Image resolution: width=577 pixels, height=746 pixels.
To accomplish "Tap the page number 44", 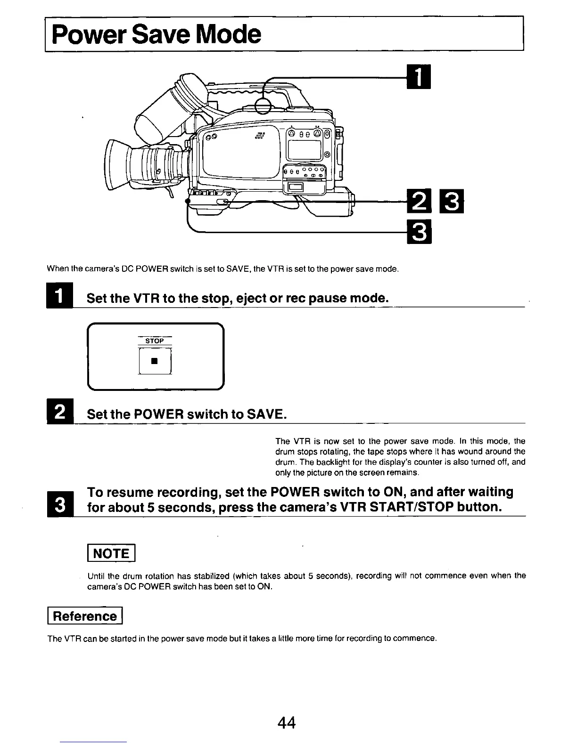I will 287,722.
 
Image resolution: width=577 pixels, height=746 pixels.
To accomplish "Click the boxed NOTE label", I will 112,553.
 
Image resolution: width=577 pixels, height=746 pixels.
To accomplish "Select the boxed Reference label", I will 85,616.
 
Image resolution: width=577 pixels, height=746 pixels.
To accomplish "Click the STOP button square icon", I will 154,362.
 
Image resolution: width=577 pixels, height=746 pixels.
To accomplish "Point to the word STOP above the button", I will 155,341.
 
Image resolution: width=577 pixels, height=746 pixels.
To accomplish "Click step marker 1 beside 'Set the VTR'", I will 57,297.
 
